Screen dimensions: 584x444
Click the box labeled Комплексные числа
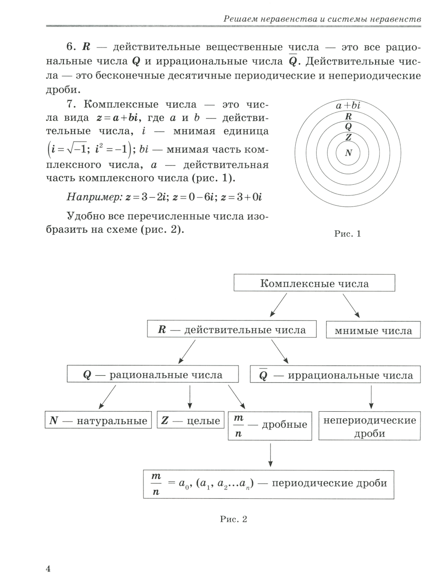pyautogui.click(x=314, y=283)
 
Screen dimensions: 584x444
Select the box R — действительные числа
pyautogui.click(x=232, y=330)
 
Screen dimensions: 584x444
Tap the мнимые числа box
pyautogui.click(x=373, y=330)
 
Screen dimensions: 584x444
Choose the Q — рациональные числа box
pyautogui.click(x=153, y=375)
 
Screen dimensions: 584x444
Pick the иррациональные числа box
pyautogui.click(x=335, y=375)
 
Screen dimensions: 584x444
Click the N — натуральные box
pyautogui.click(x=98, y=421)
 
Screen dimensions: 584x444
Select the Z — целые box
pyautogui.click(x=190, y=421)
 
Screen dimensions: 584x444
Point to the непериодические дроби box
pyautogui.click(x=369, y=426)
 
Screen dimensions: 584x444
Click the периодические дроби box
pyautogui.click(x=269, y=484)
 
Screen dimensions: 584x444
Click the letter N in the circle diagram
pyautogui.click(x=349, y=153)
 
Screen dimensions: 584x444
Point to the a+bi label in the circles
pyautogui.click(x=348, y=106)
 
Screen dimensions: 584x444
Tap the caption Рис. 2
pyautogui.click(x=234, y=519)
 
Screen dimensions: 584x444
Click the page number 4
pyautogui.click(x=48, y=569)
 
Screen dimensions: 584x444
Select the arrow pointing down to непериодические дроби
pyautogui.click(x=371, y=397)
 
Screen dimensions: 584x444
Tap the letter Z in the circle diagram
pyautogui.click(x=349, y=137)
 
